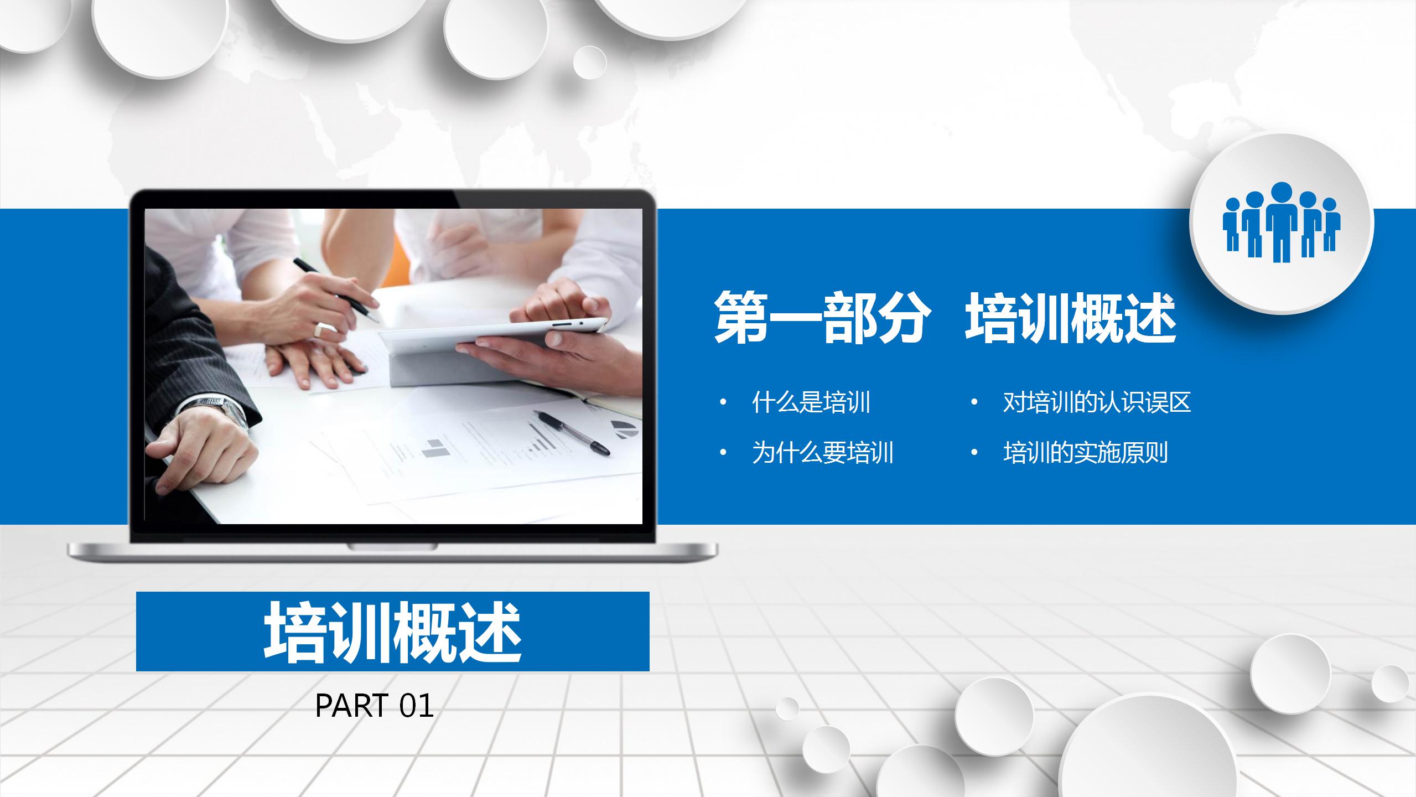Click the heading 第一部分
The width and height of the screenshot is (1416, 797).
click(819, 319)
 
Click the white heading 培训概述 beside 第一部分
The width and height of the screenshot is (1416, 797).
click(1070, 319)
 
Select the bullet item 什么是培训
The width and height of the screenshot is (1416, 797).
click(811, 402)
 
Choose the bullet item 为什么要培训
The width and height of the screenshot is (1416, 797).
click(823, 453)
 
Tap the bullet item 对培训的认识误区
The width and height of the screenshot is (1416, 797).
click(1097, 402)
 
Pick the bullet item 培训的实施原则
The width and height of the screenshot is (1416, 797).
click(1085, 453)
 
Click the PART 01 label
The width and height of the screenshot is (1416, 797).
click(374, 706)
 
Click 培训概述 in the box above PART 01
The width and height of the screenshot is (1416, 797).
click(392, 632)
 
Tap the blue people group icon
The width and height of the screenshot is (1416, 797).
click(1282, 222)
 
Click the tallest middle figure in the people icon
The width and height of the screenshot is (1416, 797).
click(1282, 221)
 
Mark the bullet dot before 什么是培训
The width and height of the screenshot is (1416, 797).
click(723, 403)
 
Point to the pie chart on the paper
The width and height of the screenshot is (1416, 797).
click(624, 428)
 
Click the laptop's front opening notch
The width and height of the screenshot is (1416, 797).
click(392, 547)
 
